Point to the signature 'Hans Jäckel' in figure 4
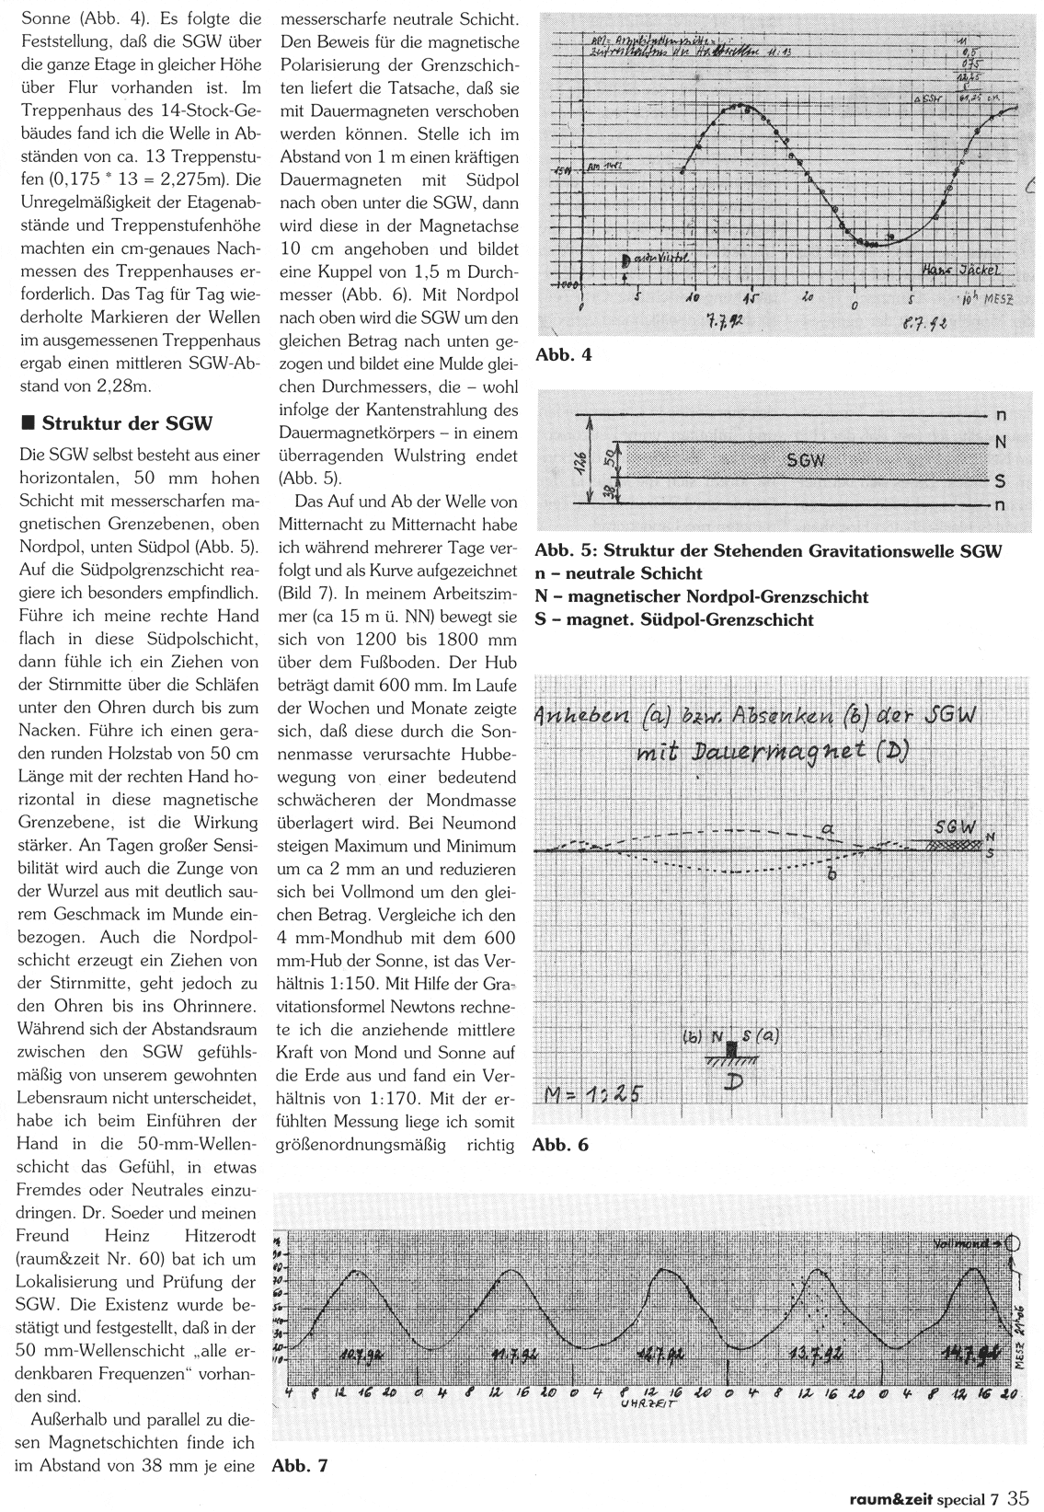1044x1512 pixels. (x=960, y=270)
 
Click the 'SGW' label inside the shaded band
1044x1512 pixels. (x=806, y=460)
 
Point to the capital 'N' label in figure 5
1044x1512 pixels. (x=1001, y=443)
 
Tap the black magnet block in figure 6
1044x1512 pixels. (x=732, y=1049)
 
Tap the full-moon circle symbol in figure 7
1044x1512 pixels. (x=1015, y=1242)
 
